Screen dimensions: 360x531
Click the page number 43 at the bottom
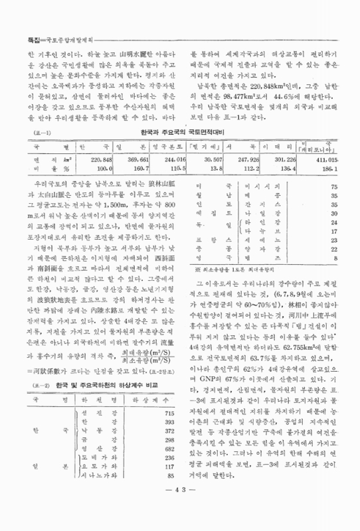click(x=179, y=508)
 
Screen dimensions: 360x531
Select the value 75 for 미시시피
click(x=335, y=187)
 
